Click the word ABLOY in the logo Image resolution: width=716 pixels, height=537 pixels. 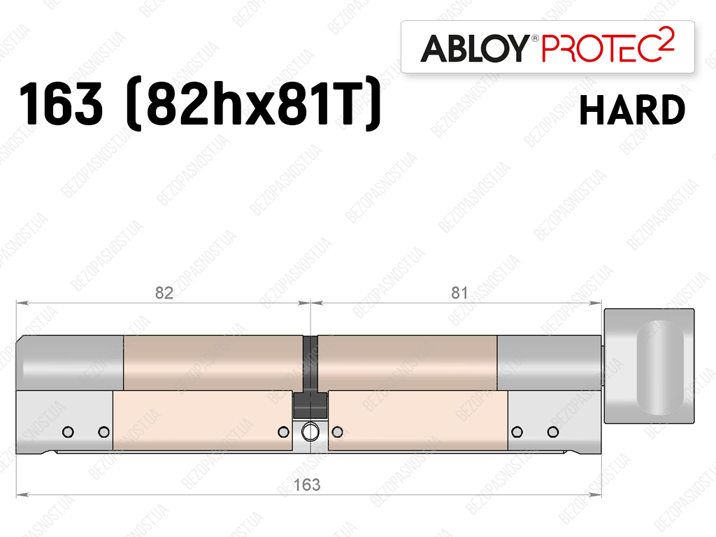475,48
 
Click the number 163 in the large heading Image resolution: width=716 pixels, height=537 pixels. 61,103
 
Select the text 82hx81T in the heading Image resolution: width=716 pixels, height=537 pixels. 252,103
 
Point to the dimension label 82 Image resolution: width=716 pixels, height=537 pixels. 164,293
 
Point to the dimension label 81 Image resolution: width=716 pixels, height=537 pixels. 459,293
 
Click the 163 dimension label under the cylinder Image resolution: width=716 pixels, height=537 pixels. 307,485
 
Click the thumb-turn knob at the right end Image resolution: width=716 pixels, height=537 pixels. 649,366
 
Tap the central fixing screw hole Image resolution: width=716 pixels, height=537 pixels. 310,431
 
